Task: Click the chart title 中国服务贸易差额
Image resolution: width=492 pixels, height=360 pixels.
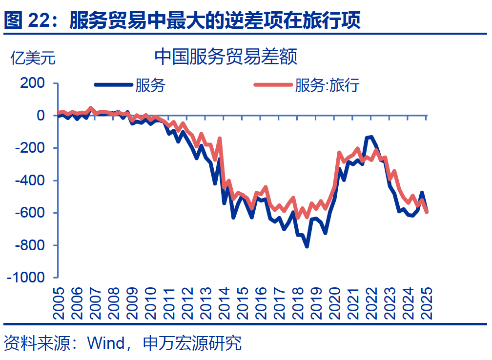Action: [x=225, y=57]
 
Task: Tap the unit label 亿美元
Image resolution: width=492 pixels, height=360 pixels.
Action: [x=33, y=58]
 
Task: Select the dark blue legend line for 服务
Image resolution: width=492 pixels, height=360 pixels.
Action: [x=113, y=85]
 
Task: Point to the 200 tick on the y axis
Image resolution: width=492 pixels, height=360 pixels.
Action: [x=33, y=83]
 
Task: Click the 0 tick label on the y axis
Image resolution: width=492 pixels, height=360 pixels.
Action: [x=41, y=116]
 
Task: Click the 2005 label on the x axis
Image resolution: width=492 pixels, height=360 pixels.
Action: [x=59, y=302]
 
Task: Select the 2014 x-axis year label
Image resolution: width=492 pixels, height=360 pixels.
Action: [x=224, y=302]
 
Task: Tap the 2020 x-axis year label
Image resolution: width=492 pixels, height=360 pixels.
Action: [x=334, y=302]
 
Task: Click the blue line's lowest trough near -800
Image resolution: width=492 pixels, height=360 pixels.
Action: [x=307, y=246]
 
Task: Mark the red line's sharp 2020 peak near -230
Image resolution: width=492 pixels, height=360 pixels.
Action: [x=339, y=153]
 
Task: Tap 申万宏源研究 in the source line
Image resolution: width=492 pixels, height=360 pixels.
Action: [x=192, y=343]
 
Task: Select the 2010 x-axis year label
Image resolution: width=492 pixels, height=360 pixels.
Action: [x=150, y=302]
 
